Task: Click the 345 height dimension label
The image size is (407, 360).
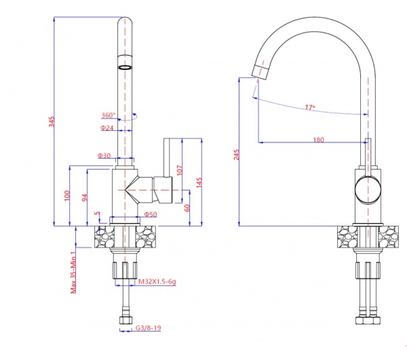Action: point(50,122)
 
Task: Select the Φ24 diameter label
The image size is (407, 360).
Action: point(107,128)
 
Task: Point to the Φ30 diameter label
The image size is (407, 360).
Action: point(104,156)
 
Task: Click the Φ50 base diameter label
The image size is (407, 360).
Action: point(151,215)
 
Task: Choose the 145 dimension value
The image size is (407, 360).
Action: point(199,182)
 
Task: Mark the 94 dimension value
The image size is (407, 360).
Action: point(84,198)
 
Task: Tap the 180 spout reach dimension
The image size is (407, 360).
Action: point(318,140)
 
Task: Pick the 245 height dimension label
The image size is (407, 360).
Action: point(236,153)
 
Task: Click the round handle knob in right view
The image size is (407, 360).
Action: point(368,188)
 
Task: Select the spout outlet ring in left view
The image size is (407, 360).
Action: point(125,68)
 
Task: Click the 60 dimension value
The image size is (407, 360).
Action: point(187,207)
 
